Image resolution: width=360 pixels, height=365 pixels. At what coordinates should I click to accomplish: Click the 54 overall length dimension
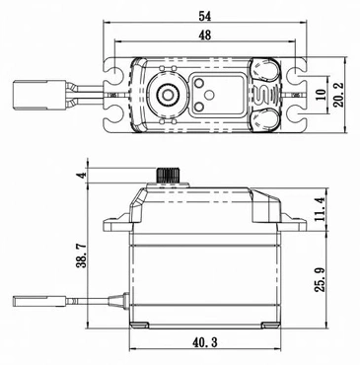pyautogui.click(x=204, y=16)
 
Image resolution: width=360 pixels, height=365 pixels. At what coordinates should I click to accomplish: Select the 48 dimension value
pyautogui.click(x=204, y=35)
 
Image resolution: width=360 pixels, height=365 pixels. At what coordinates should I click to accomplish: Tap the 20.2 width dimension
pyautogui.click(x=337, y=95)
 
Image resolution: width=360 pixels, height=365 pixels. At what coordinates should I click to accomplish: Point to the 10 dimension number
pyautogui.click(x=322, y=95)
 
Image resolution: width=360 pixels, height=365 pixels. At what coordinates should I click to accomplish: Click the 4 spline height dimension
pyautogui.click(x=82, y=175)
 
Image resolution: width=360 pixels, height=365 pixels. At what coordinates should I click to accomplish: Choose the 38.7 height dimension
pyautogui.click(x=82, y=255)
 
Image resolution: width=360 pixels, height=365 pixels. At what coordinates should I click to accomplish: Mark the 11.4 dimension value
pyautogui.click(x=321, y=209)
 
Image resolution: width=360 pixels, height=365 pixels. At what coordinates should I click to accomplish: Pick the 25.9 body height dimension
pyautogui.click(x=320, y=279)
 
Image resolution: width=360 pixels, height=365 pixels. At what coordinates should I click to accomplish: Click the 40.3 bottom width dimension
pyautogui.click(x=204, y=342)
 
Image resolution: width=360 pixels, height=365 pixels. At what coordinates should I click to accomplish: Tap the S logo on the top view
pyautogui.click(x=259, y=95)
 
